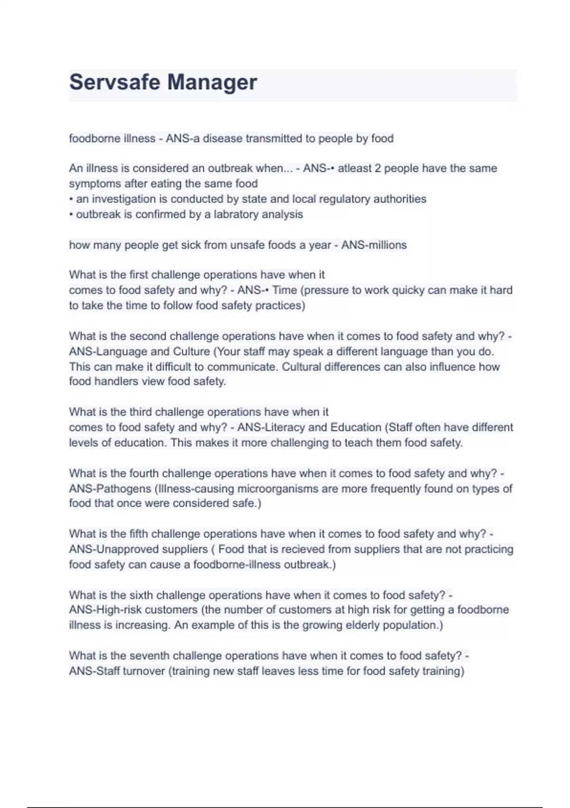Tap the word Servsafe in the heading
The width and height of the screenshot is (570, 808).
click(114, 82)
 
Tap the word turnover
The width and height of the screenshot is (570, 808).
click(143, 671)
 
